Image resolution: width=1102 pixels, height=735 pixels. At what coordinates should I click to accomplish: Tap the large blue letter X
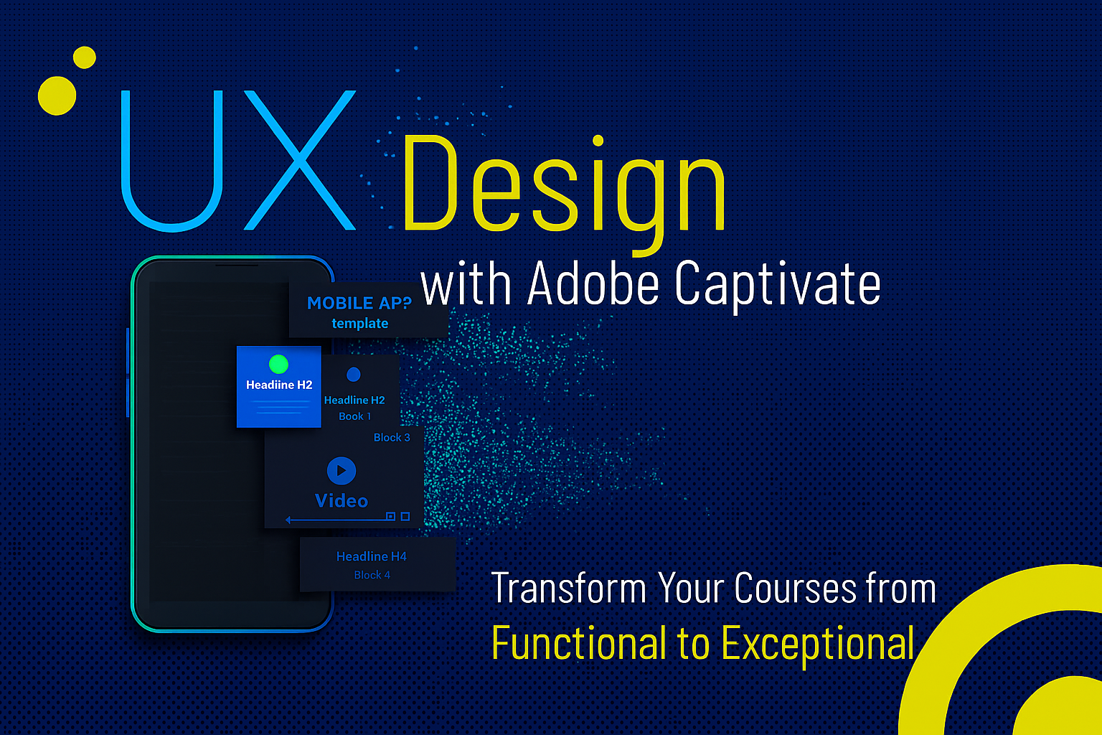[x=300, y=160]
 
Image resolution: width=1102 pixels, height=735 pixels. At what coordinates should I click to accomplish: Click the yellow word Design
[x=564, y=192]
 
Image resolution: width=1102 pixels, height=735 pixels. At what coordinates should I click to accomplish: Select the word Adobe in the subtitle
[x=593, y=284]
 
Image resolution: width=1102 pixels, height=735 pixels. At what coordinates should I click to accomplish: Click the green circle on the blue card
[x=278, y=365]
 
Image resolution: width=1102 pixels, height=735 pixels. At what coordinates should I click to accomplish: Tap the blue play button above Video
[x=342, y=471]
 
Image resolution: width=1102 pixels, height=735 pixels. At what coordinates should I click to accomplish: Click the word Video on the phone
[x=342, y=501]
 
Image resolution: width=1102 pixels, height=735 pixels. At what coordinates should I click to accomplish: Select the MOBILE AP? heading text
[x=359, y=303]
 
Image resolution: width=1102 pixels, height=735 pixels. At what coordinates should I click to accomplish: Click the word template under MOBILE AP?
[x=359, y=324]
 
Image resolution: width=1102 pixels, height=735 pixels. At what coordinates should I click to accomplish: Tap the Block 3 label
[x=392, y=437]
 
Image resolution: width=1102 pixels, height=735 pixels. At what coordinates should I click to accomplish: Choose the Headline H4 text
[x=372, y=556]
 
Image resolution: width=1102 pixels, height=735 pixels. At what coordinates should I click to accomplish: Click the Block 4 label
[x=372, y=574]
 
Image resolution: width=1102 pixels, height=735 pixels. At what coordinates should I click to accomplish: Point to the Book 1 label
[x=354, y=416]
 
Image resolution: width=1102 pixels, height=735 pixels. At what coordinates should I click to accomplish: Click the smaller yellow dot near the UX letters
[x=85, y=57]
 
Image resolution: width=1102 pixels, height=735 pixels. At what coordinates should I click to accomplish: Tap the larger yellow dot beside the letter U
[x=57, y=95]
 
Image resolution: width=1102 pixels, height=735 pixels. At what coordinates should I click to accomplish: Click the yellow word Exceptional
[x=818, y=643]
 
